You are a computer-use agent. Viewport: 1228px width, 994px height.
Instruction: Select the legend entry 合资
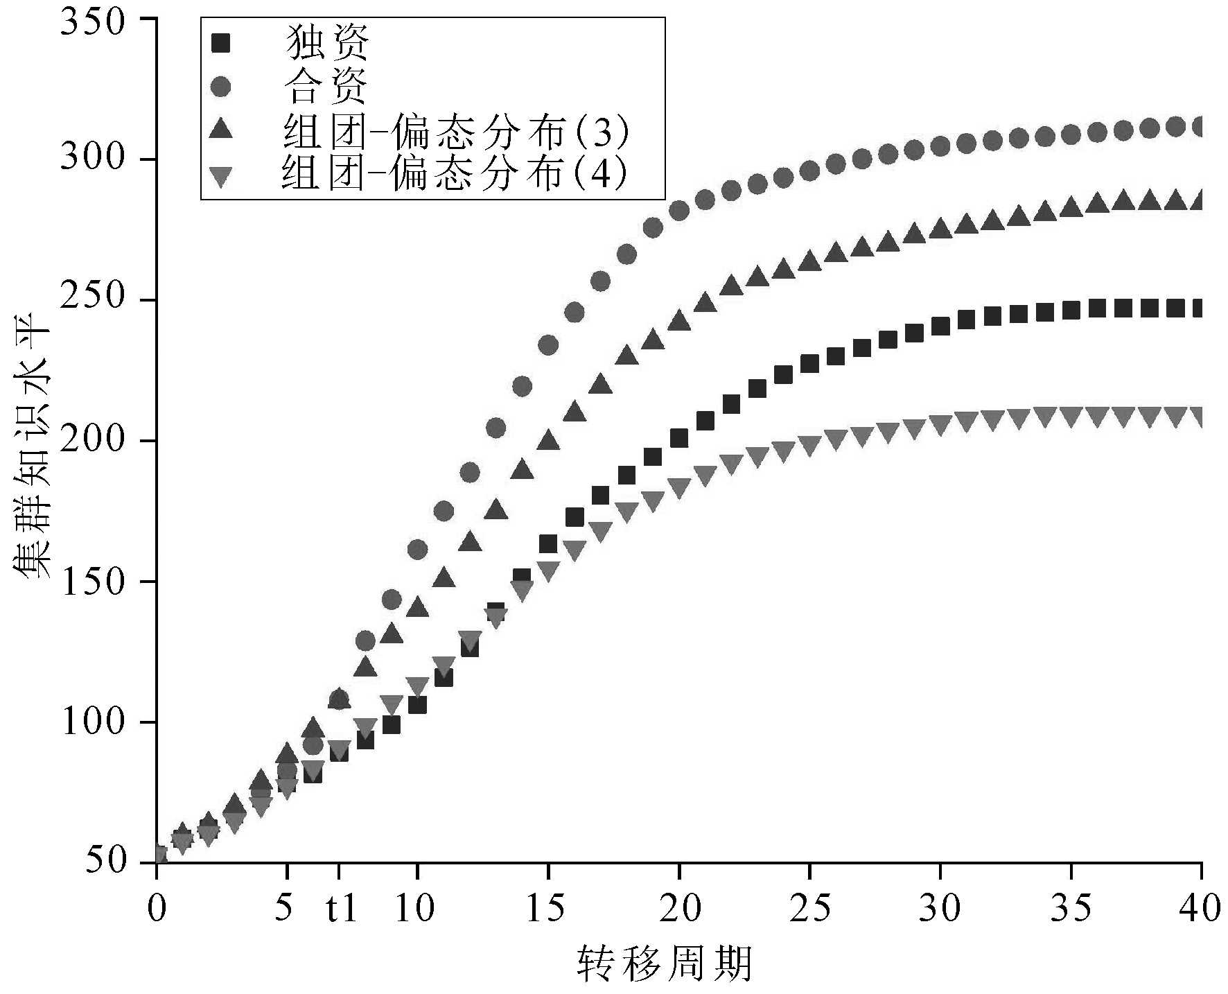[326, 87]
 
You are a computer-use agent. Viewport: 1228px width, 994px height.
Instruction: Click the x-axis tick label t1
[342, 909]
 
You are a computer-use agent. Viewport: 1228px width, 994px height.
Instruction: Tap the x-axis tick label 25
[809, 909]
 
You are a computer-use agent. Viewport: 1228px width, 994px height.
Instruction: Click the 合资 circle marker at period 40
[1201, 127]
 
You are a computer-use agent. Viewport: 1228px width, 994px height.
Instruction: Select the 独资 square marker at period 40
[1201, 308]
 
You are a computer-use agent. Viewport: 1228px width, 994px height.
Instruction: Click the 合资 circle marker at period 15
[548, 345]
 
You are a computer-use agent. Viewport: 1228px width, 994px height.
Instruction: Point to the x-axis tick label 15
[548, 909]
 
